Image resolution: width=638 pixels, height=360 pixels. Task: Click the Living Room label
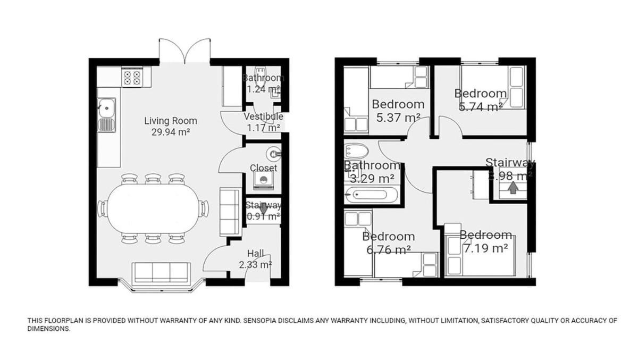tap(171, 121)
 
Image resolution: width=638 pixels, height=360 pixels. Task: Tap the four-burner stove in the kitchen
tap(132, 78)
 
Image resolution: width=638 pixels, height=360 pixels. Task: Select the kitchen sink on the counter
tap(106, 115)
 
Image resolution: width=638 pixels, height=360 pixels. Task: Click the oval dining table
tap(154, 210)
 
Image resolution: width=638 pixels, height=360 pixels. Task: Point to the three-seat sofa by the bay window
tap(161, 273)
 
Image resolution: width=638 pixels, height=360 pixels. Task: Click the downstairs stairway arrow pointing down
tap(264, 210)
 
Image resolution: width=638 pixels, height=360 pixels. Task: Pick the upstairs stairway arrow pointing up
tap(513, 188)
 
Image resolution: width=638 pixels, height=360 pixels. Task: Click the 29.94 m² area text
tap(171, 132)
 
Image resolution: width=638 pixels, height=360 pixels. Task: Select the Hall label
tap(256, 253)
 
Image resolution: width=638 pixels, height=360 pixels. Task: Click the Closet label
tap(264, 168)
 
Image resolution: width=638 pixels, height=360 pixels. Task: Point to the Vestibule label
tap(264, 116)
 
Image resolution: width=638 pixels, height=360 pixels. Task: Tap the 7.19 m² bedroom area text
tap(485, 248)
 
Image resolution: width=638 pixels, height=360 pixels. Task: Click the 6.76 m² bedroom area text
tap(389, 250)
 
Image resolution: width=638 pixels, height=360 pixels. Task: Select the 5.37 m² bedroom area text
tap(398, 118)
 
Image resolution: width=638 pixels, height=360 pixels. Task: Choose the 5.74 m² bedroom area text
tap(481, 107)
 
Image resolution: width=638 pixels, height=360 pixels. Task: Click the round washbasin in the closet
tap(273, 154)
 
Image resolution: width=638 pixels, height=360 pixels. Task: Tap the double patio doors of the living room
tap(185, 51)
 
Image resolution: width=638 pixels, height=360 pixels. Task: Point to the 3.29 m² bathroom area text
tap(372, 179)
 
